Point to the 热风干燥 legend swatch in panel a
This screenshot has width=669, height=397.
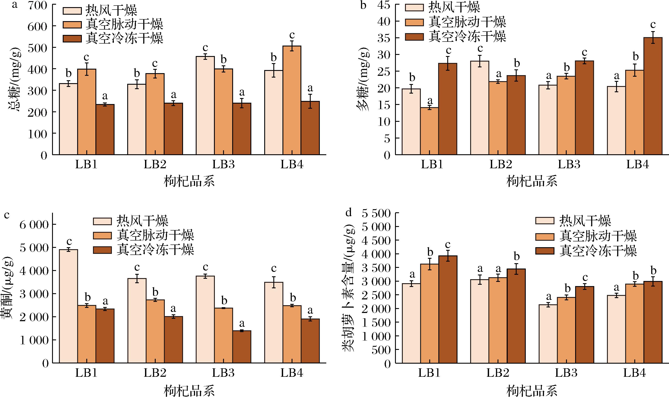click(x=72, y=10)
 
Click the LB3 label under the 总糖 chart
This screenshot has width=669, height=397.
click(x=224, y=164)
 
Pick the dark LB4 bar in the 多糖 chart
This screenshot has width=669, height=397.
click(x=653, y=96)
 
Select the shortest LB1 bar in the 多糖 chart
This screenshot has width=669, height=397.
click(x=429, y=131)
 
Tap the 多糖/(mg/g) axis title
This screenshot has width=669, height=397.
click(x=363, y=79)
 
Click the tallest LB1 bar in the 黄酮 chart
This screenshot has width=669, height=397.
click(x=69, y=306)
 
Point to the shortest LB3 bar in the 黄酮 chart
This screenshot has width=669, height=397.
click(x=242, y=347)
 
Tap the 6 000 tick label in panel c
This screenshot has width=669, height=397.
click(x=34, y=225)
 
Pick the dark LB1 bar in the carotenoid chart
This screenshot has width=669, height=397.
click(x=448, y=309)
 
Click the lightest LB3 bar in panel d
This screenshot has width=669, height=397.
click(x=548, y=334)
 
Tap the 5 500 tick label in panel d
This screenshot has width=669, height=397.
click(x=376, y=213)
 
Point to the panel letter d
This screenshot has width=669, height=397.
click(x=349, y=213)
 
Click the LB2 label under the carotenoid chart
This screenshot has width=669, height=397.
click(x=498, y=373)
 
